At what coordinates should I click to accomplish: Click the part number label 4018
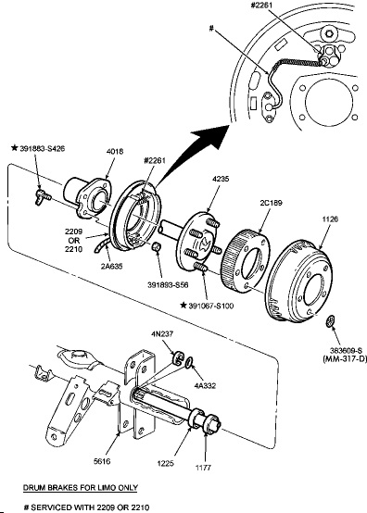[x=115, y=152]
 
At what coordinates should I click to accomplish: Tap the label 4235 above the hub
[x=221, y=179]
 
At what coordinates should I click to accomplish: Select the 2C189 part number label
[x=271, y=203]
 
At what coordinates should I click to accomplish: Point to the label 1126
[x=330, y=219]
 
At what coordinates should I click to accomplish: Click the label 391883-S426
[x=43, y=148]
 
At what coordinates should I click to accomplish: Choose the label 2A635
[x=111, y=266]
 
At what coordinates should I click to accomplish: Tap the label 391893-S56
[x=168, y=285]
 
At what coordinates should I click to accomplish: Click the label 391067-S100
[x=211, y=306]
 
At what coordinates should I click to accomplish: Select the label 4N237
[x=162, y=334]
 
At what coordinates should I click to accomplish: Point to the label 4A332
[x=205, y=385]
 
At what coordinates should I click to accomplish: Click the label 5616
[x=102, y=461]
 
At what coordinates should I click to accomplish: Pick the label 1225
[x=165, y=463]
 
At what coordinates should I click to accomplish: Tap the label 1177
[x=203, y=468]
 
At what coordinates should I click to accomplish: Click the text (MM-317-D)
[x=345, y=359]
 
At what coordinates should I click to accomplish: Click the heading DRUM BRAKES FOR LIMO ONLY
[x=81, y=488]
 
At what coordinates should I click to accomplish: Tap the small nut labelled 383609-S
[x=330, y=320]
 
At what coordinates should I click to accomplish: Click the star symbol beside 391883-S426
[x=15, y=148]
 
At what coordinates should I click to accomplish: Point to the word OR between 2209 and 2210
[x=74, y=241]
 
